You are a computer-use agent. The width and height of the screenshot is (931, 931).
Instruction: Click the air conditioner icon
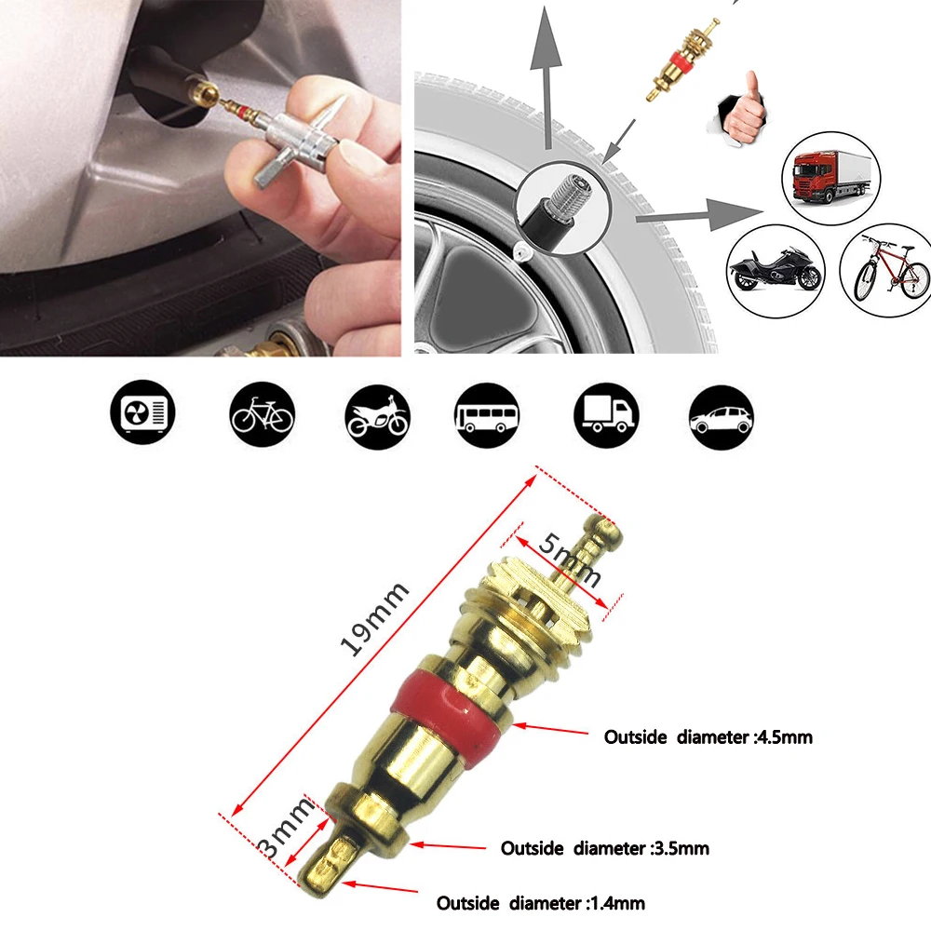143,412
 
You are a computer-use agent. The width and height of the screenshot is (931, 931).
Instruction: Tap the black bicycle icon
262,414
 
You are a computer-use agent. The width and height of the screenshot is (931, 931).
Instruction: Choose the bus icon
487,414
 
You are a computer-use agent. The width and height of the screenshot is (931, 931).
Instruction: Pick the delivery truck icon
606,414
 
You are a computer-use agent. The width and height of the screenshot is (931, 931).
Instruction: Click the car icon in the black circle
722,417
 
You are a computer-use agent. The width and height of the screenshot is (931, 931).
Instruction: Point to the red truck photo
830,178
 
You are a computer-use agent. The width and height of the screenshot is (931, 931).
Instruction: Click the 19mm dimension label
375,619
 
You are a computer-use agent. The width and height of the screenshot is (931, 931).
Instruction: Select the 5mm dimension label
570,560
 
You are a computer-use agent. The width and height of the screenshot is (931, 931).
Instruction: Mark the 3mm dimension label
286,828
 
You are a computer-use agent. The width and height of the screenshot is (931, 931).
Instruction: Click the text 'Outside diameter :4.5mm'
708,736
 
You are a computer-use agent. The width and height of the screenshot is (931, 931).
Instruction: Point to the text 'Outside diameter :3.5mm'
605,848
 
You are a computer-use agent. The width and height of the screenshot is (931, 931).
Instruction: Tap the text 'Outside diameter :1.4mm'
540,903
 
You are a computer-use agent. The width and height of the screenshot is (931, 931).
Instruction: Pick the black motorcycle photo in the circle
776,271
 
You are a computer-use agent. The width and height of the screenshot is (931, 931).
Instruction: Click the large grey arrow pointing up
546,77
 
